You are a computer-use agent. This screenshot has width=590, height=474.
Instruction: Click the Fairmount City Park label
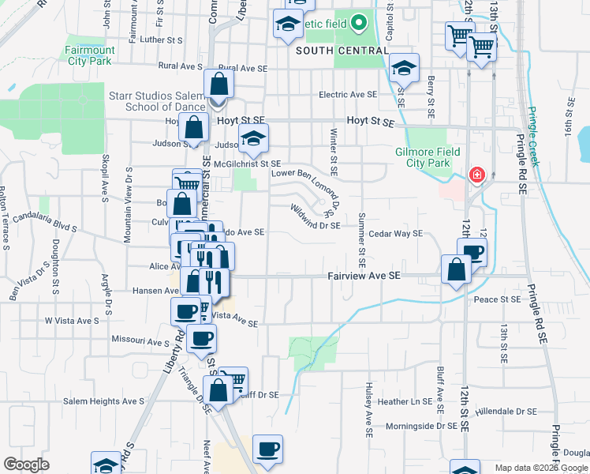point(90,55)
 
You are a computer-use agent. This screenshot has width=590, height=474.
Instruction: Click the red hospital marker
point(477,175)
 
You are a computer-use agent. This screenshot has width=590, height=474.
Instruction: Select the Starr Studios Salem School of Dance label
point(156,101)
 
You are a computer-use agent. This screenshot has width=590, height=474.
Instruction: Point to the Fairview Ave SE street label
point(364,276)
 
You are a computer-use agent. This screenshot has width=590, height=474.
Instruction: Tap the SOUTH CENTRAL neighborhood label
point(342,51)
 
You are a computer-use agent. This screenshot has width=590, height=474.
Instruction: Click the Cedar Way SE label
point(396,233)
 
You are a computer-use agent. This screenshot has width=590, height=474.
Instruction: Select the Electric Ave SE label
point(348,95)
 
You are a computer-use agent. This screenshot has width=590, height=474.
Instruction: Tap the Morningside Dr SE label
point(422,426)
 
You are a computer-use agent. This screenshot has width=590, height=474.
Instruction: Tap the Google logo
point(27,464)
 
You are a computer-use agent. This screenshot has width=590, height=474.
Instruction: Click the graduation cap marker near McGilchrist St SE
point(254,139)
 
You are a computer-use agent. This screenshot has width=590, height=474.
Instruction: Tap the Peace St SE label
point(497,299)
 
